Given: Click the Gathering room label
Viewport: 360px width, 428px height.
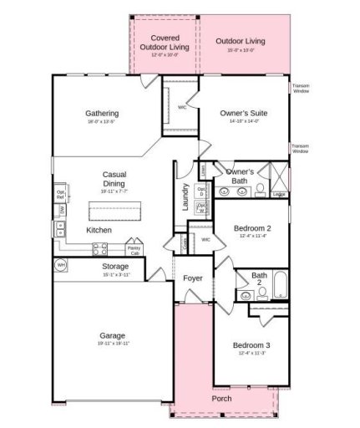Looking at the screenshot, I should [101, 114].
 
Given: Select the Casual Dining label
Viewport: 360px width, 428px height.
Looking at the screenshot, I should [114, 179].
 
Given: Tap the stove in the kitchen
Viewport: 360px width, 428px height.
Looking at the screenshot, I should [99, 247].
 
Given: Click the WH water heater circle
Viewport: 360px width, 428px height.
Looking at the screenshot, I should [61, 265].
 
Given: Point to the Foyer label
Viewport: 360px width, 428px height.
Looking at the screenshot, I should [193, 279].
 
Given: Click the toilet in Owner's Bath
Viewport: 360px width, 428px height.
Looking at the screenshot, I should [260, 188].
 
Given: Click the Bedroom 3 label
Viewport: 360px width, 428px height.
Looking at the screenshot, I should [251, 345].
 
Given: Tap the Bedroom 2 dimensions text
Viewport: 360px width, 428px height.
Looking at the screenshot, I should [251, 235].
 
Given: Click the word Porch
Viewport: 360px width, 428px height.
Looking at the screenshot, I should [222, 398].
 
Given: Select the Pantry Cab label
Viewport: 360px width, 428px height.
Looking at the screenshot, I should [134, 250].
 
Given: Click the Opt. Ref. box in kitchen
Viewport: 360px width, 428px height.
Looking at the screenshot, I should [61, 194].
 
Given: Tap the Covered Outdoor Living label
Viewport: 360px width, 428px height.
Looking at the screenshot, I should [164, 43].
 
